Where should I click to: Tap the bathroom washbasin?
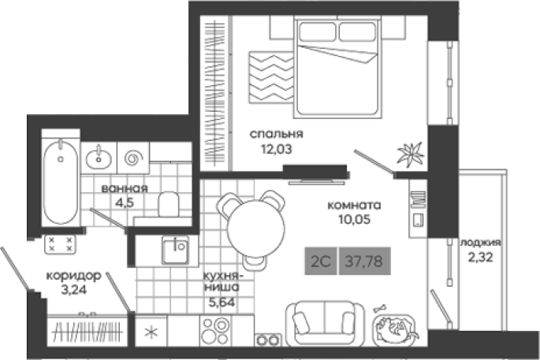tap(99, 158)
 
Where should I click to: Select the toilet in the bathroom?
tap(169, 205)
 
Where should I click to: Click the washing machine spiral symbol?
tap(134, 158)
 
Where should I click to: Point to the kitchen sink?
tap(176, 251)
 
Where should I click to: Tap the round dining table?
tap(256, 228)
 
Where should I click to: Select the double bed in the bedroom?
tap(337, 67)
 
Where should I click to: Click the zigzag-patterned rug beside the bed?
tap(271, 76)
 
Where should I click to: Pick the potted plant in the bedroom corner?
tap(410, 154)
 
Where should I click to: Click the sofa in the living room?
tap(325, 324)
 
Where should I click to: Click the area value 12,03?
tap(276, 149)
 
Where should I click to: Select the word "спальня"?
tap(276, 134)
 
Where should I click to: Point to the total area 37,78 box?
tap(365, 261)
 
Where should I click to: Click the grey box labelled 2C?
tap(321, 261)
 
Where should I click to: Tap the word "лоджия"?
tap(481, 243)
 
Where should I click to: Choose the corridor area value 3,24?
tap(73, 290)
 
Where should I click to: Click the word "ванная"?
tap(125, 188)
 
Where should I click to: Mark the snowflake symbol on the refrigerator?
tap(151, 332)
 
